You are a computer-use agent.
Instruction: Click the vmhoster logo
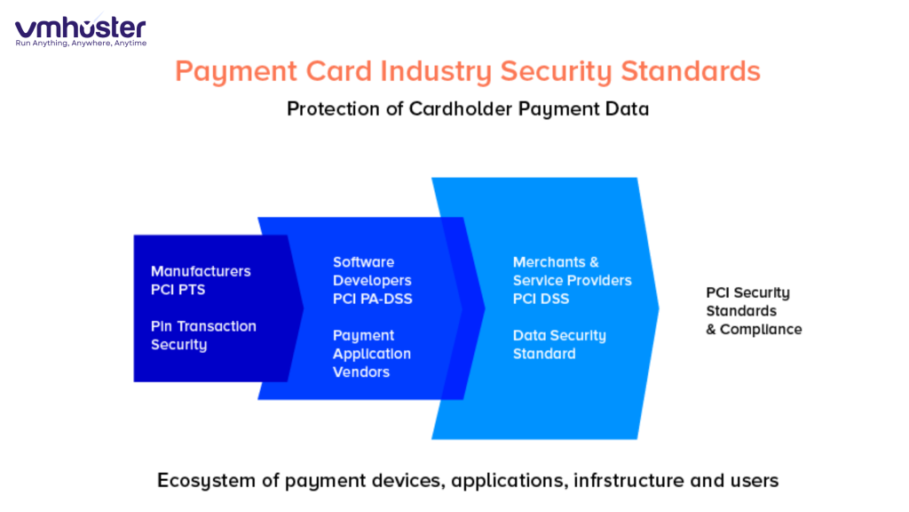coord(80,27)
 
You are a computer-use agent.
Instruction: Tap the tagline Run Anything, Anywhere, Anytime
coord(80,44)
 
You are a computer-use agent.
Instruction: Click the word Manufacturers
coord(201,271)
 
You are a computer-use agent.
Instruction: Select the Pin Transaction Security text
coord(203,335)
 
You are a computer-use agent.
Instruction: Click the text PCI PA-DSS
coord(372,299)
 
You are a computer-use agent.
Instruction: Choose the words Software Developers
coord(372,271)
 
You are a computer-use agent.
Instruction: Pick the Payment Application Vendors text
coord(372,354)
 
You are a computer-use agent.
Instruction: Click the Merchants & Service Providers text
coord(572,271)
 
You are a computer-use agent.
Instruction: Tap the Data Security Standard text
coord(559,345)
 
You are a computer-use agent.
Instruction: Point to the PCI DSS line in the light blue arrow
coord(541,299)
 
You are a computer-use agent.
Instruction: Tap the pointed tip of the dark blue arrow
coord(303,308)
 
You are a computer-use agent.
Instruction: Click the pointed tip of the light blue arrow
coord(659,308)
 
